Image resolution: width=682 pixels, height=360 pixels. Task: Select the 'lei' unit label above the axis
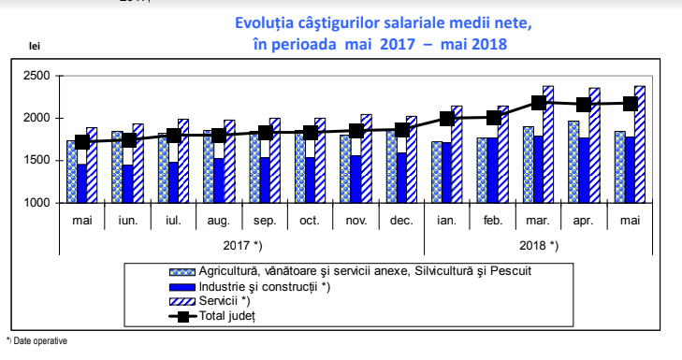pos(35,46)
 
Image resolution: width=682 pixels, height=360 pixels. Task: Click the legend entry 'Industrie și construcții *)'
pos(264,286)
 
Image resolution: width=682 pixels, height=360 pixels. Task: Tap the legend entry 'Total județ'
pos(227,316)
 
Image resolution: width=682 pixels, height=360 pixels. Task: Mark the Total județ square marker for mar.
pos(539,103)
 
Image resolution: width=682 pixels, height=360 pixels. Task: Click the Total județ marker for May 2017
pos(82,142)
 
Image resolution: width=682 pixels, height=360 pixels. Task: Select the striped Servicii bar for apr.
pos(594,145)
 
